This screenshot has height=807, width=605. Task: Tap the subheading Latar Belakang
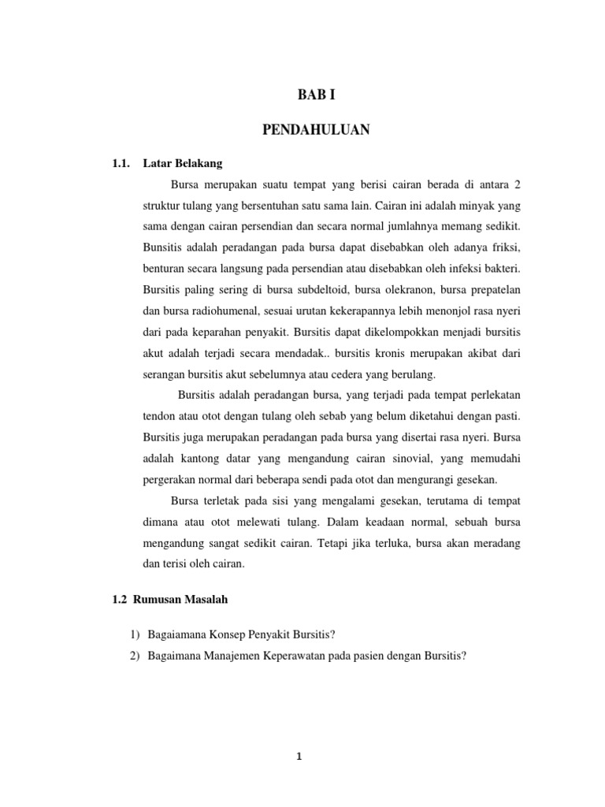point(183,164)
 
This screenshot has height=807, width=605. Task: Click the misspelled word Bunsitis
point(163,246)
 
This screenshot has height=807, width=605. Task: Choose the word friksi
point(504,246)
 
